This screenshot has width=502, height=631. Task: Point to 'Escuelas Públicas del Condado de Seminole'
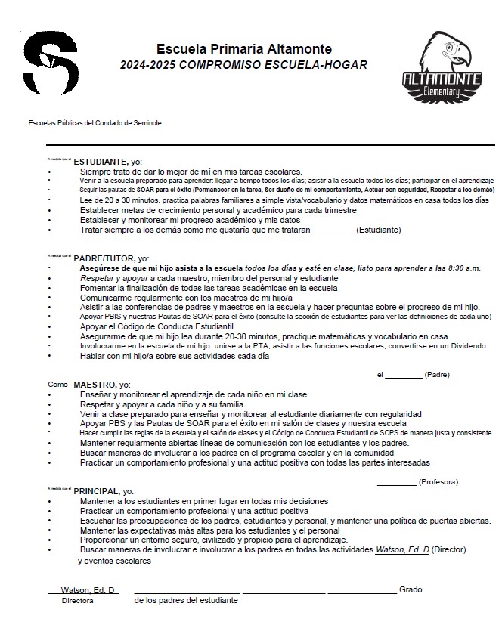[x=95, y=123]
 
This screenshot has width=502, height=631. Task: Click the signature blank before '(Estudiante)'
[x=332, y=230]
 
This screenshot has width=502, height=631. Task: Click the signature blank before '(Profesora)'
[x=395, y=481]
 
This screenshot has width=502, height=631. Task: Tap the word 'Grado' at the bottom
[x=411, y=589]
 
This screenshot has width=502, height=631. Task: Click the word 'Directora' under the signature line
[x=77, y=601]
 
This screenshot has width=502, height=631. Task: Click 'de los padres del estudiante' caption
[x=186, y=601]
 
